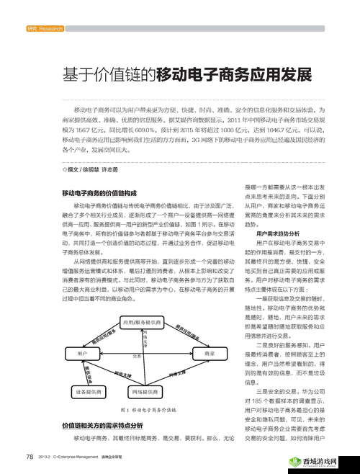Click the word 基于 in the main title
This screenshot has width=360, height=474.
click(75, 75)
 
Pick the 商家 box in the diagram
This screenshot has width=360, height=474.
click(210, 354)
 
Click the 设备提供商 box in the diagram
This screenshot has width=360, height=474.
click(89, 391)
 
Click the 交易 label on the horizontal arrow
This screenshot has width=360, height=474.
click(137, 356)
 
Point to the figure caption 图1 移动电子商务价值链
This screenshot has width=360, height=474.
click(144, 410)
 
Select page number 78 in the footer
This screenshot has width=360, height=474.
click(30, 457)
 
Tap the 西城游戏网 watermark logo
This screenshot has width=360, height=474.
click(320, 461)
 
